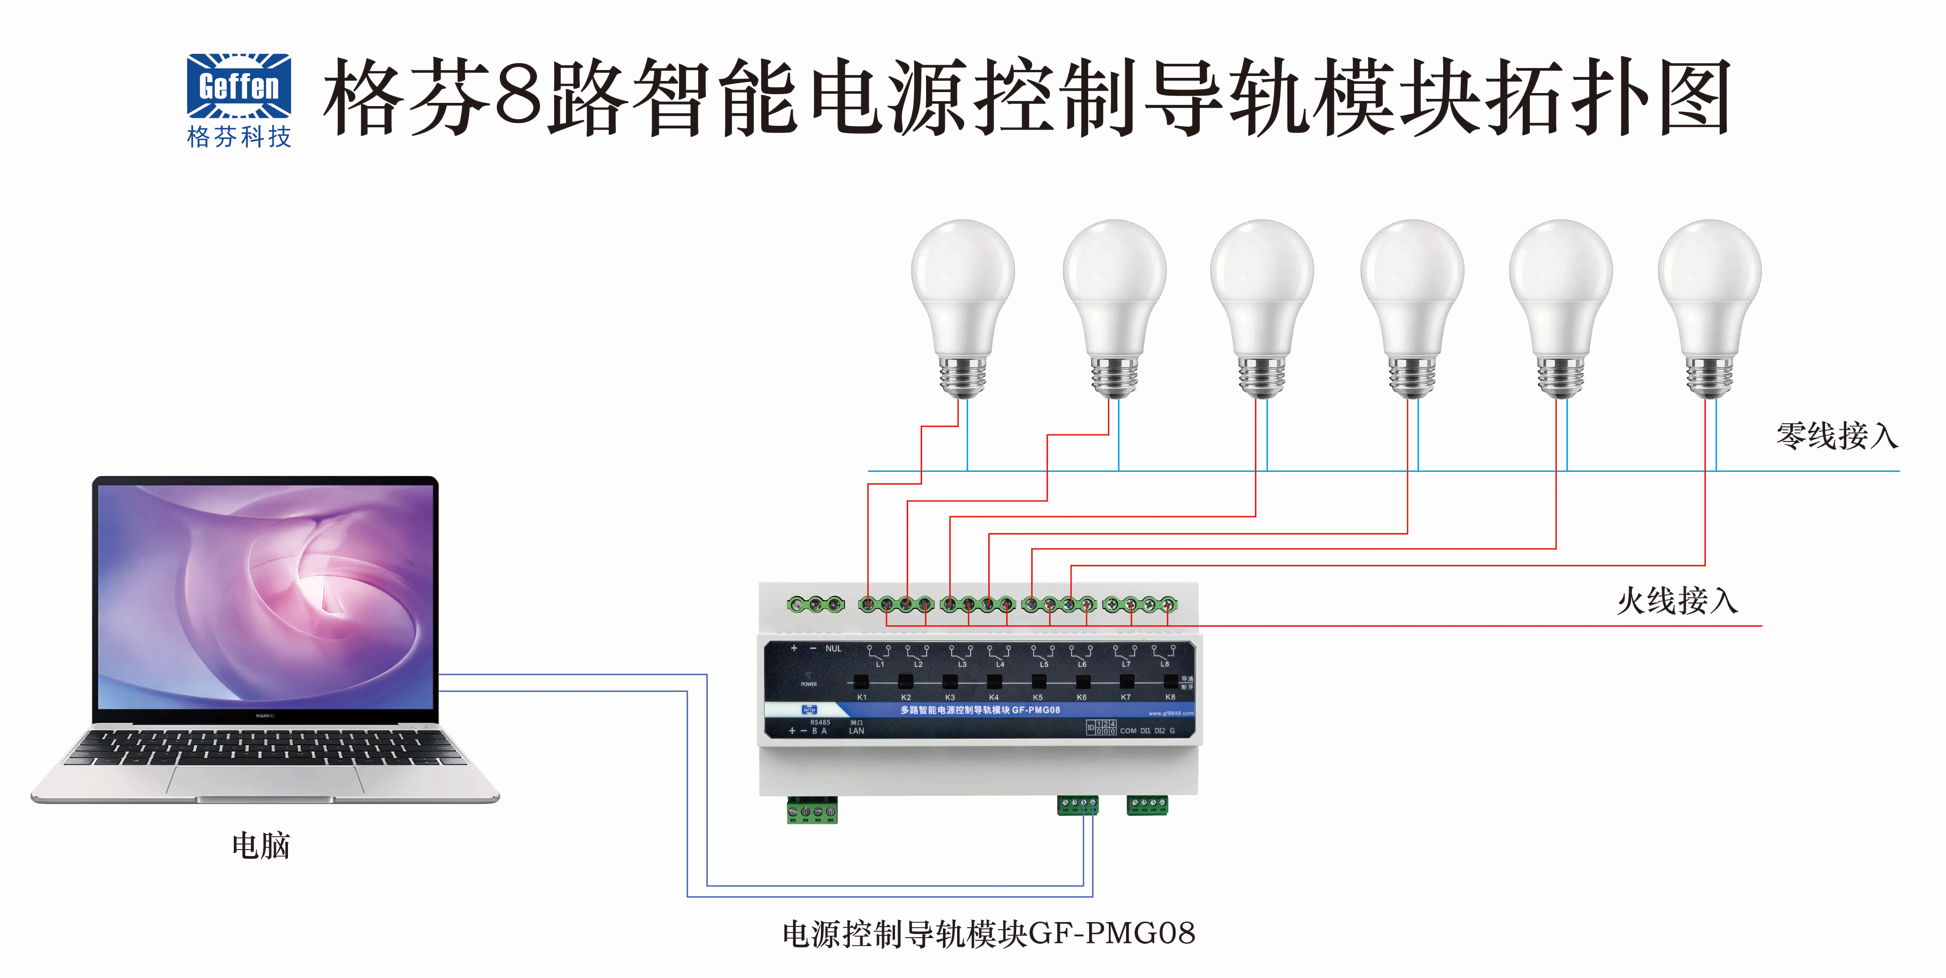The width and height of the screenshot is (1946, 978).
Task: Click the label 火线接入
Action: (1677, 602)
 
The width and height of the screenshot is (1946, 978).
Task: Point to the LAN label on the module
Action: (856, 731)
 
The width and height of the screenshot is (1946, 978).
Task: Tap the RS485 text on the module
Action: (820, 722)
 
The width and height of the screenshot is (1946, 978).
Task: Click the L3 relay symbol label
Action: (962, 664)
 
